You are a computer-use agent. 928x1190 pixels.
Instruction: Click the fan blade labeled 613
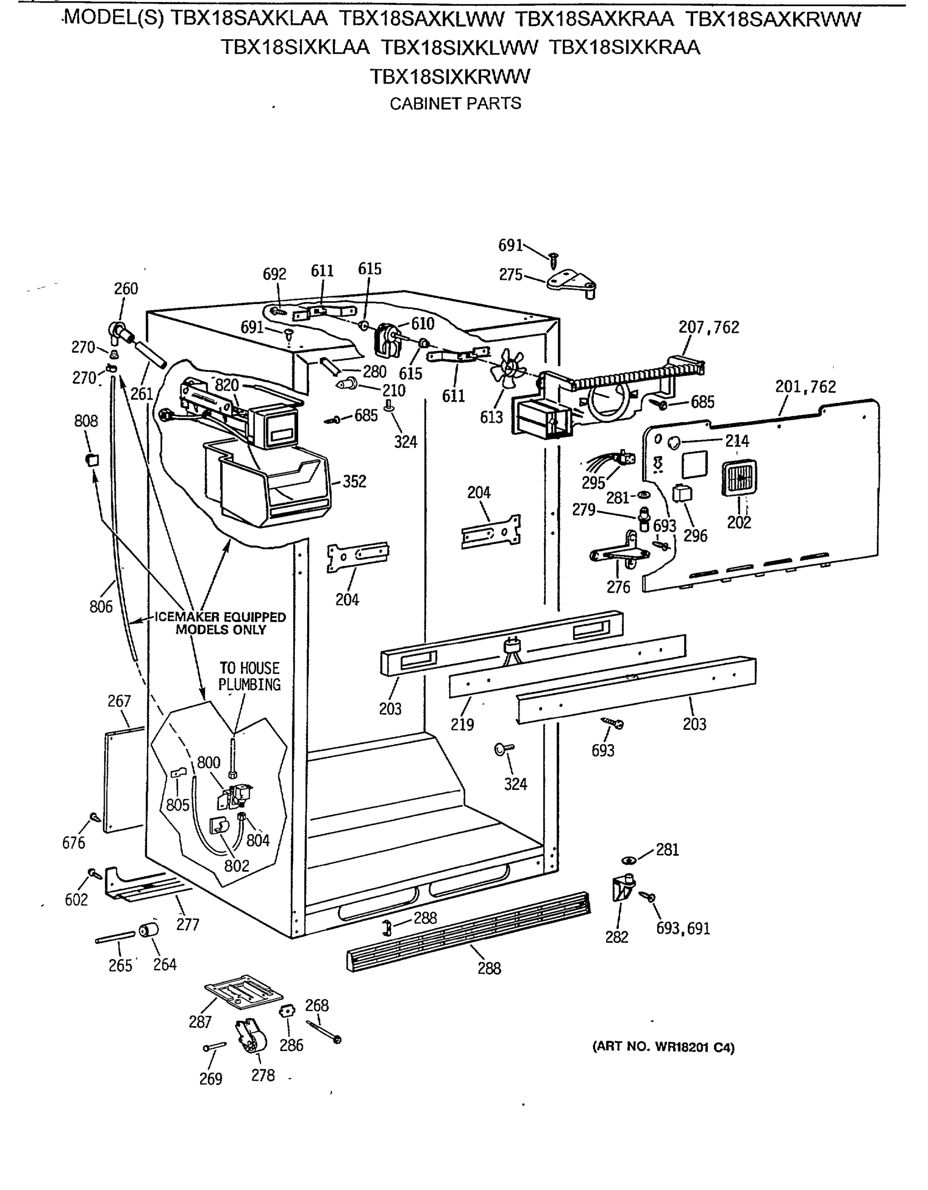click(508, 369)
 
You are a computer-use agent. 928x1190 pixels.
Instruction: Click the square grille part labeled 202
click(739, 478)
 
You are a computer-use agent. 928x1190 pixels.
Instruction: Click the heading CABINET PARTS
click(455, 104)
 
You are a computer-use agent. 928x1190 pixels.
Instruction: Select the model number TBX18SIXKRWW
click(450, 77)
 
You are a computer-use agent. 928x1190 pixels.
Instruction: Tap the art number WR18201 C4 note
click(663, 1047)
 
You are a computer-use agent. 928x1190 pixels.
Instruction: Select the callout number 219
click(462, 725)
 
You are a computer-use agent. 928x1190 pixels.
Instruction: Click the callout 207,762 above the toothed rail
click(709, 327)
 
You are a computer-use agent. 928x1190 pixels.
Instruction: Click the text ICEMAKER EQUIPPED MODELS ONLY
click(220, 623)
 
